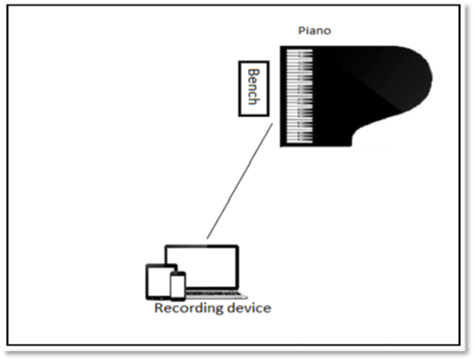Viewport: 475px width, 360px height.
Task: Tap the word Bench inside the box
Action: click(x=253, y=88)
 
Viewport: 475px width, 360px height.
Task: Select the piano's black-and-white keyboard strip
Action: click(x=298, y=96)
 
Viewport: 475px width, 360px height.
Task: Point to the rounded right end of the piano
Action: click(x=425, y=78)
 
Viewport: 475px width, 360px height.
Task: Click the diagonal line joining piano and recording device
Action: click(x=240, y=181)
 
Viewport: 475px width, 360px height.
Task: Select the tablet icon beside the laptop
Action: click(x=158, y=280)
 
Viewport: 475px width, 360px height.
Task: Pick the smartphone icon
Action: click(x=177, y=285)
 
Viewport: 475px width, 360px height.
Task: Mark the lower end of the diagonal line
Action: click(x=207, y=239)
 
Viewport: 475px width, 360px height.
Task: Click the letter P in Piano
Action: click(x=300, y=30)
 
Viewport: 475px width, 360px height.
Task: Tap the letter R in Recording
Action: click(x=158, y=308)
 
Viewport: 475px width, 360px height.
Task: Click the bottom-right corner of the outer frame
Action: click(x=463, y=348)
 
